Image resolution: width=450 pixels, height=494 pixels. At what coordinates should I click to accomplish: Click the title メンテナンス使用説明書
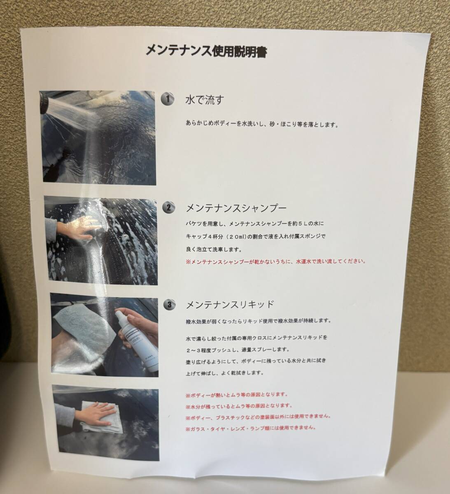coord(206,52)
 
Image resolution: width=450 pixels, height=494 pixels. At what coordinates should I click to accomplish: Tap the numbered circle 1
coord(168,99)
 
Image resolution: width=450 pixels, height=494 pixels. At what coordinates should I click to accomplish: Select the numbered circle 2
coord(169,207)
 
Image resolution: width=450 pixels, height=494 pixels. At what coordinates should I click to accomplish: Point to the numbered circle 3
coord(170,305)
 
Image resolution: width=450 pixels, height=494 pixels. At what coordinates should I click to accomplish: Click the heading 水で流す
coord(205,100)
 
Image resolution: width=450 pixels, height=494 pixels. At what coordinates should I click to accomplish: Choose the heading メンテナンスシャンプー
coord(236,208)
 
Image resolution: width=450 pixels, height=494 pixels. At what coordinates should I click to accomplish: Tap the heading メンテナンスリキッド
coord(230,305)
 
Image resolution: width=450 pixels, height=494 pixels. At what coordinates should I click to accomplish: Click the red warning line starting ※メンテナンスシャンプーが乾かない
coord(275,261)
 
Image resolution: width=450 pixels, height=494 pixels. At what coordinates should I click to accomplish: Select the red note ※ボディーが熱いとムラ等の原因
coord(237,394)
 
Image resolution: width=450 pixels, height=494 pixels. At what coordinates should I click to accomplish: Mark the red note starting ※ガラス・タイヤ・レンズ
coord(250,428)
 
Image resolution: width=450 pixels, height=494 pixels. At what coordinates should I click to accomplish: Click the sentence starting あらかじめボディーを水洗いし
coord(262,125)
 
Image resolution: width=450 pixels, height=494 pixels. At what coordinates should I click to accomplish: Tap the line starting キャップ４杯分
coord(256,237)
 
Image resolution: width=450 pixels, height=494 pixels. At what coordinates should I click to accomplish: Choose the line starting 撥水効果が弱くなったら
coord(258,321)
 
